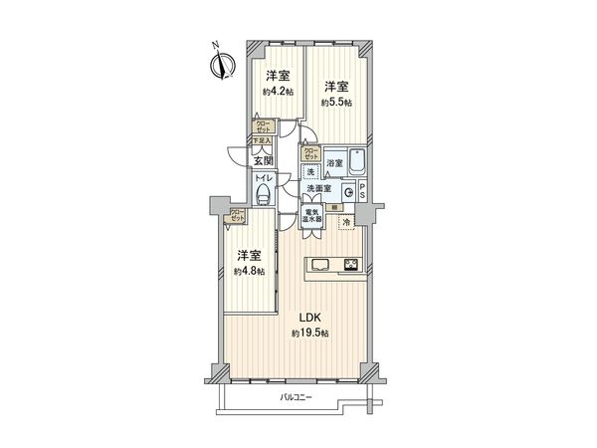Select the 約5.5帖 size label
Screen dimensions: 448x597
(335, 102)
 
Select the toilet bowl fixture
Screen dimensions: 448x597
(264, 195)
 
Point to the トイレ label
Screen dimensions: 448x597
(264, 178)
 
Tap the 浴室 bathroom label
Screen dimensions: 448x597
(335, 162)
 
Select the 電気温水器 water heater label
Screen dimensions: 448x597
(311, 216)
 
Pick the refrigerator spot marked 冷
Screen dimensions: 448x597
(345, 221)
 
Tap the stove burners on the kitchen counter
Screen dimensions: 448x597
(353, 264)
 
